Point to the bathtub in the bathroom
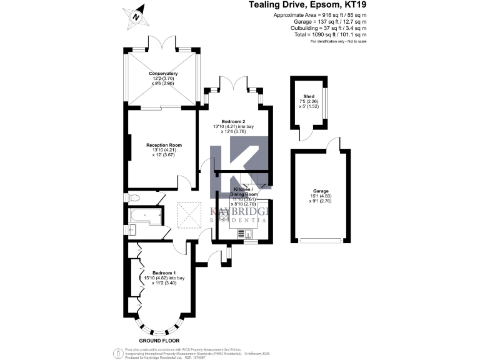[x=145, y=216]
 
